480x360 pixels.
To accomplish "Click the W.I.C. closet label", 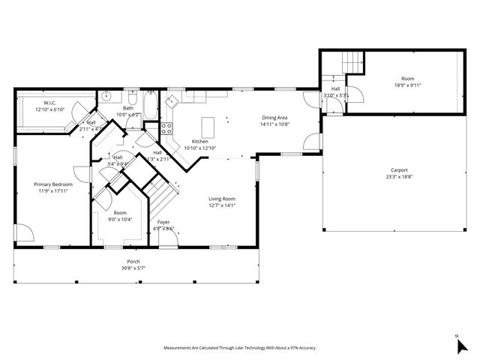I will point(50,103).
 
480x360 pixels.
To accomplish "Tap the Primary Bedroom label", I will point(52,184).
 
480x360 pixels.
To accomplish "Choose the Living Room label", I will point(222,199).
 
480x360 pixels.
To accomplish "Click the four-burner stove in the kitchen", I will point(168,128).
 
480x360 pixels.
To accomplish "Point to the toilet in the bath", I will point(132,97).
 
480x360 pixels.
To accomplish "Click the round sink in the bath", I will point(107,96).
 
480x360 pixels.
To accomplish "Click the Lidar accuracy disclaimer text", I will point(240,348).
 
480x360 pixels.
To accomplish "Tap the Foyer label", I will point(162,222).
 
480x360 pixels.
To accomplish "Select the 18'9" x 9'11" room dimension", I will point(407,85).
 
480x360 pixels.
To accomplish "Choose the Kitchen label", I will point(199,142).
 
